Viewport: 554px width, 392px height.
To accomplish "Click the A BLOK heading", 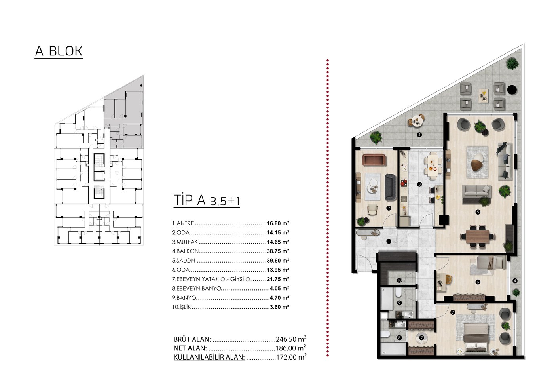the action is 59,51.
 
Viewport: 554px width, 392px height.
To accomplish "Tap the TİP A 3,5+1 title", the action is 207,200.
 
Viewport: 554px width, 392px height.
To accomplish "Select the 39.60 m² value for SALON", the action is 278,261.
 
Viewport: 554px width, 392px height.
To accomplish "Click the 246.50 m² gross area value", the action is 291,339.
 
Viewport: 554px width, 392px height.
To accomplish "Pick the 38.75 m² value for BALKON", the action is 278,251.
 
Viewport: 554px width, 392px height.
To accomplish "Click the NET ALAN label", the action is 190,348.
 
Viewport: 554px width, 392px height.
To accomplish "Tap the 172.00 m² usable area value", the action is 291,357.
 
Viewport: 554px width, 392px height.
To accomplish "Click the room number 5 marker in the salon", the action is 478,212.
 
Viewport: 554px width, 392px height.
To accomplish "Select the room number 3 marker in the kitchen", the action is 419,185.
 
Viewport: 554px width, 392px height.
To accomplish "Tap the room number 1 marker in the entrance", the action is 389,241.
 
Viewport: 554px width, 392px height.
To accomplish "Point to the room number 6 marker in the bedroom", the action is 478,282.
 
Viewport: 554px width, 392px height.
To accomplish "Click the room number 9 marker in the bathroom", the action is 399,303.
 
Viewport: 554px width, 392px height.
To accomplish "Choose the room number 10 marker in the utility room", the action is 399,280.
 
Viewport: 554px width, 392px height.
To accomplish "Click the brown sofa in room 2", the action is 374,160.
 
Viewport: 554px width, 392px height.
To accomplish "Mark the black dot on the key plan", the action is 141,86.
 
